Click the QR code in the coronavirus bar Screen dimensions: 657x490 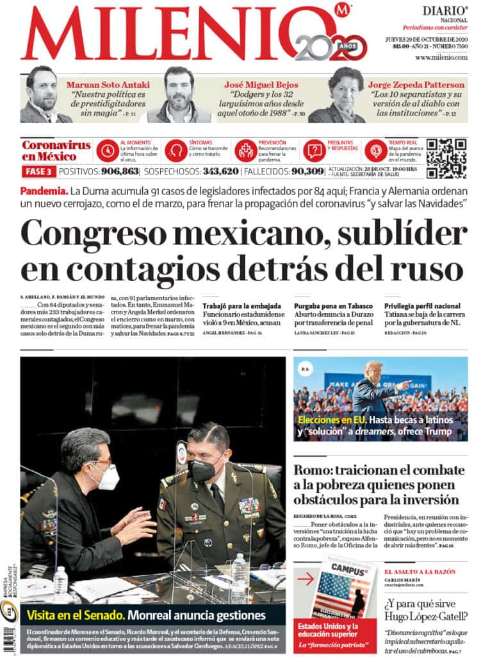[446, 158]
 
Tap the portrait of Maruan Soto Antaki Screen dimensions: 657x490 [43, 96]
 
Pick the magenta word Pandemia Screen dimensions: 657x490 [44, 191]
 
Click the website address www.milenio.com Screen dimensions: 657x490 [441, 58]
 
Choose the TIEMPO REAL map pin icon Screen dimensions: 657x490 [376, 150]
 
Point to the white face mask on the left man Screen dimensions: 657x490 [106, 476]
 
